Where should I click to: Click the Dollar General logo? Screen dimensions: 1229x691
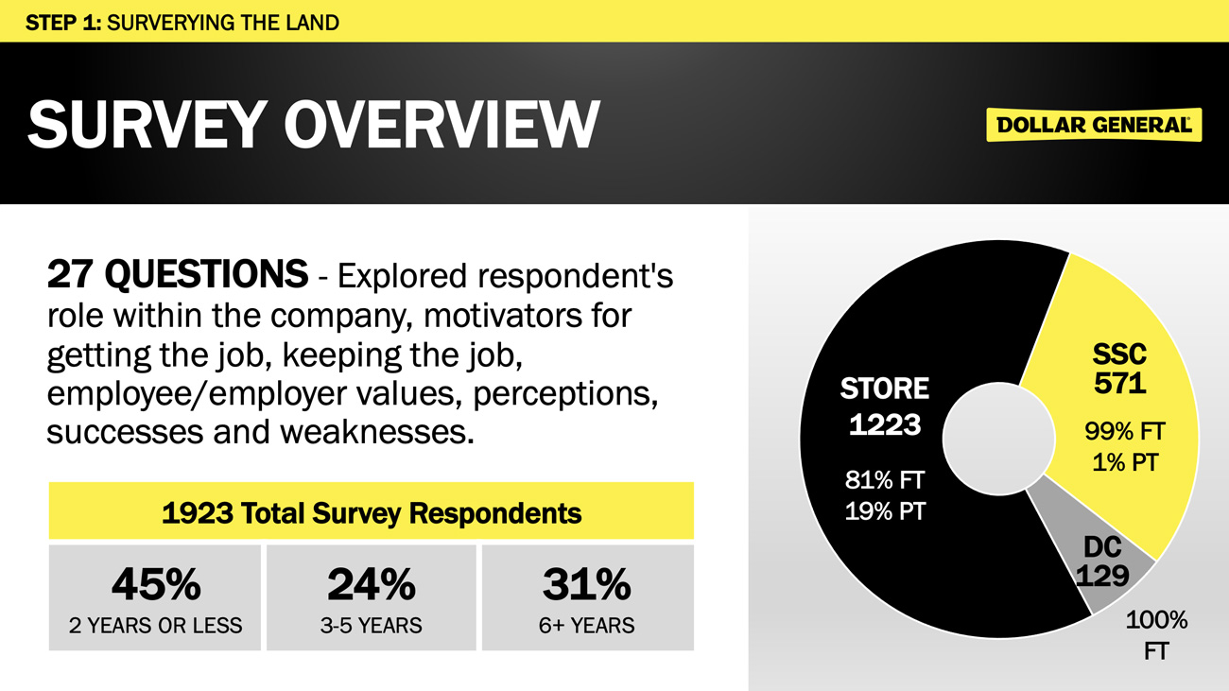[x=1094, y=125]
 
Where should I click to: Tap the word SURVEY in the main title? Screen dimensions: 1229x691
[x=144, y=125]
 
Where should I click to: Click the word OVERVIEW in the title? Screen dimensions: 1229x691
[x=441, y=125]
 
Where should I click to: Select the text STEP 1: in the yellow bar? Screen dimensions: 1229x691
[x=63, y=23]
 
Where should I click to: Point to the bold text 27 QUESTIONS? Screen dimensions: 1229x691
[x=177, y=273]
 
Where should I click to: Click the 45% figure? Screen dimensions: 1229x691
[x=156, y=584]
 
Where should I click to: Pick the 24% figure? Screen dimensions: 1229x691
[x=372, y=584]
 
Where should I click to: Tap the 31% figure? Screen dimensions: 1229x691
[x=586, y=584]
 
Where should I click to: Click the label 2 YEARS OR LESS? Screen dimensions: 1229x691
[x=155, y=626]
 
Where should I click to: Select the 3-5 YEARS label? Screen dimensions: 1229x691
[x=372, y=626]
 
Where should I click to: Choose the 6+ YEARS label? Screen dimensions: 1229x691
[x=586, y=626]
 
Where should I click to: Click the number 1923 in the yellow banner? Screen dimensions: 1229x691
[x=197, y=513]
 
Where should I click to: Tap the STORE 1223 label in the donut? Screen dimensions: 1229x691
[x=885, y=406]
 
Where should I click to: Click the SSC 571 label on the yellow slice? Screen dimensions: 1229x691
[x=1120, y=369]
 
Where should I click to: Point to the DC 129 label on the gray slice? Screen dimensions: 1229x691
[x=1103, y=561]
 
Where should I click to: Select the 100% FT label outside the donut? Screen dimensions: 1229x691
[x=1156, y=635]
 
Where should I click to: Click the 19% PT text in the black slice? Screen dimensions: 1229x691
[x=885, y=511]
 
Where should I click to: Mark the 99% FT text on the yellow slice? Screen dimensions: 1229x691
[x=1125, y=432]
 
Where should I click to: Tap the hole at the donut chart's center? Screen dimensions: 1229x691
[x=999, y=439]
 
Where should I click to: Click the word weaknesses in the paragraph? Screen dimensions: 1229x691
[x=377, y=432]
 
